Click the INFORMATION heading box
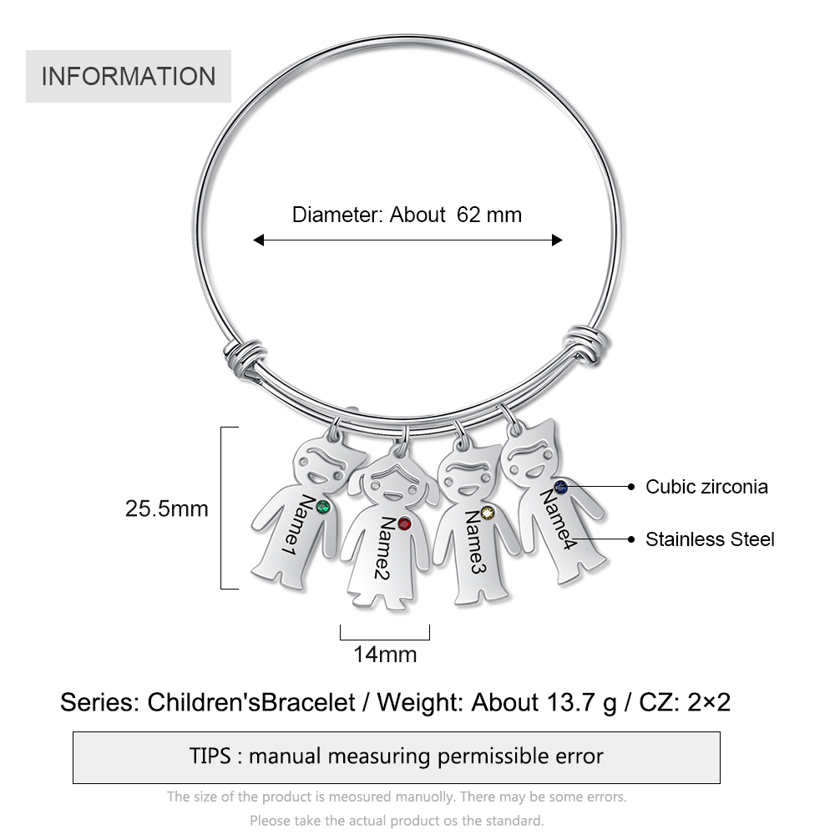pyautogui.click(x=129, y=76)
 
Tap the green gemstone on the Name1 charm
pyautogui.click(x=322, y=507)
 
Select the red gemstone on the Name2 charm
pyautogui.click(x=404, y=524)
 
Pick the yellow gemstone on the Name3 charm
pyautogui.click(x=488, y=513)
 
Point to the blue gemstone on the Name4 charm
pyautogui.click(x=560, y=486)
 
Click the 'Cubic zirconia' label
pyautogui.click(x=706, y=487)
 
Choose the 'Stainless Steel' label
pyautogui.click(x=710, y=539)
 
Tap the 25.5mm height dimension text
pyautogui.click(x=167, y=509)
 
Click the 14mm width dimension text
pyautogui.click(x=385, y=655)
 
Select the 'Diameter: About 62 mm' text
pyautogui.click(x=407, y=215)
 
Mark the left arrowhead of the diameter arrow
pyautogui.click(x=258, y=240)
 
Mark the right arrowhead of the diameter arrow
pyautogui.click(x=557, y=240)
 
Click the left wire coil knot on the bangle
pyautogui.click(x=245, y=358)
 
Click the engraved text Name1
pyautogui.click(x=298, y=525)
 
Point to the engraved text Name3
pyautogui.click(x=475, y=542)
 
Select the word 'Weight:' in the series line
pyautogui.click(x=420, y=702)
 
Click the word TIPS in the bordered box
pyautogui.click(x=210, y=757)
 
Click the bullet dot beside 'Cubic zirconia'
pyautogui.click(x=631, y=486)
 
